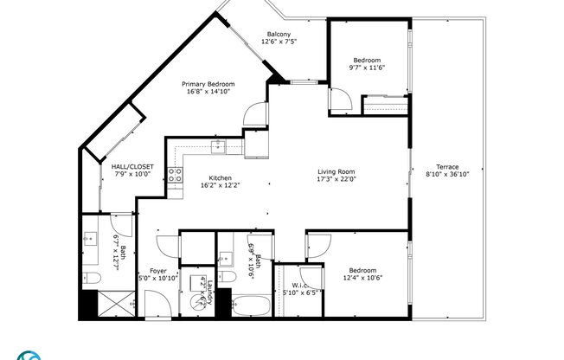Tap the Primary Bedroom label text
tap(208, 84)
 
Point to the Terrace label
tap(447, 167)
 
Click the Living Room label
tap(335, 171)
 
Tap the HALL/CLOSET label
tap(133, 166)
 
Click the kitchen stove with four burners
tap(175, 176)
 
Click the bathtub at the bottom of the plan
tap(251, 306)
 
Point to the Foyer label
tap(157, 270)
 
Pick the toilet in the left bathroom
tap(93, 277)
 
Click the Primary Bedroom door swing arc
tap(253, 114)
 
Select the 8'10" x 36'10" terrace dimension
tap(447, 175)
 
